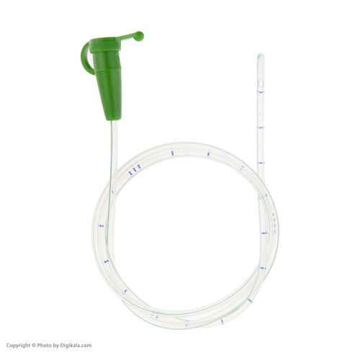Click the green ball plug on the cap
pyautogui.click(x=139, y=36)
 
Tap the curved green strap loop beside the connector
pyautogui.click(x=84, y=59)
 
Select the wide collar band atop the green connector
pyautogui.click(x=105, y=45)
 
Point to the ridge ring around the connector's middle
pyautogui.click(x=108, y=70)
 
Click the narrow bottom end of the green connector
pyautogui.click(x=114, y=118)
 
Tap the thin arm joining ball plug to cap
pyautogui.click(x=127, y=37)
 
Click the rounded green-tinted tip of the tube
pyautogui.click(x=261, y=57)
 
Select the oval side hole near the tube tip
pyautogui.click(x=261, y=84)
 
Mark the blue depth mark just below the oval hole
pyautogui.click(x=261, y=92)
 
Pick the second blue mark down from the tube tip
pyautogui.click(x=261, y=127)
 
